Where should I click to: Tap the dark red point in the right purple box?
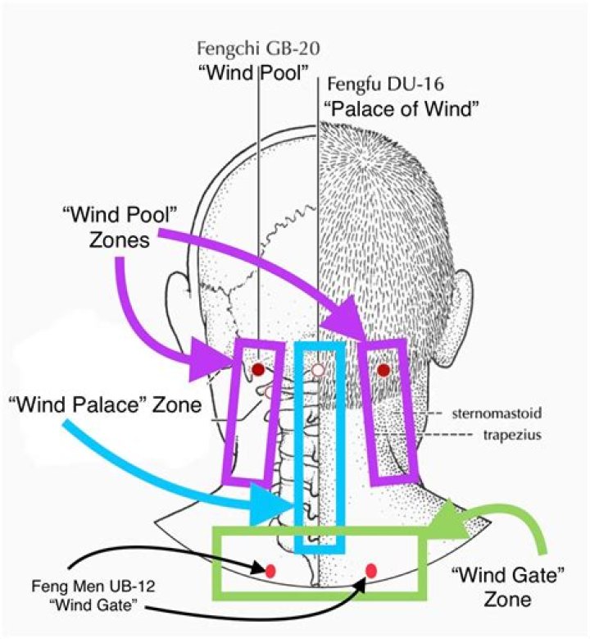coord(383,370)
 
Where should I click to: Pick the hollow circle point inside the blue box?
coord(319,370)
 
